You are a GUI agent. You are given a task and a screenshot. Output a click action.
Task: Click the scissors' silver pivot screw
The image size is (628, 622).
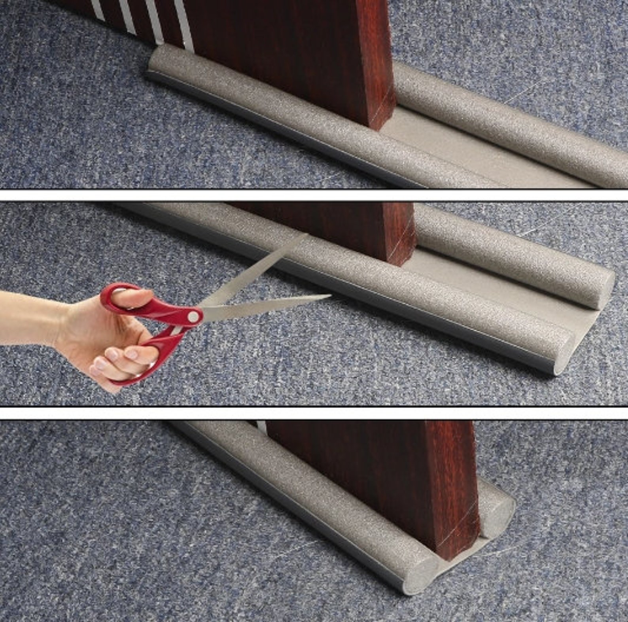(193, 316)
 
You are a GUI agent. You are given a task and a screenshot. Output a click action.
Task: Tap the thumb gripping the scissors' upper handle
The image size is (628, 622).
(134, 297)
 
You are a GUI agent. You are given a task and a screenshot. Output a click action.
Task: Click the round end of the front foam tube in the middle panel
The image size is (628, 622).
(564, 352)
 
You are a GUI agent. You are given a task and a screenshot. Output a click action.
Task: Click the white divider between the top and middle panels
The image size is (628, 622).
(314, 195)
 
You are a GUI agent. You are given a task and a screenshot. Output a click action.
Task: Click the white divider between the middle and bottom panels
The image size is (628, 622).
(314, 413)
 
